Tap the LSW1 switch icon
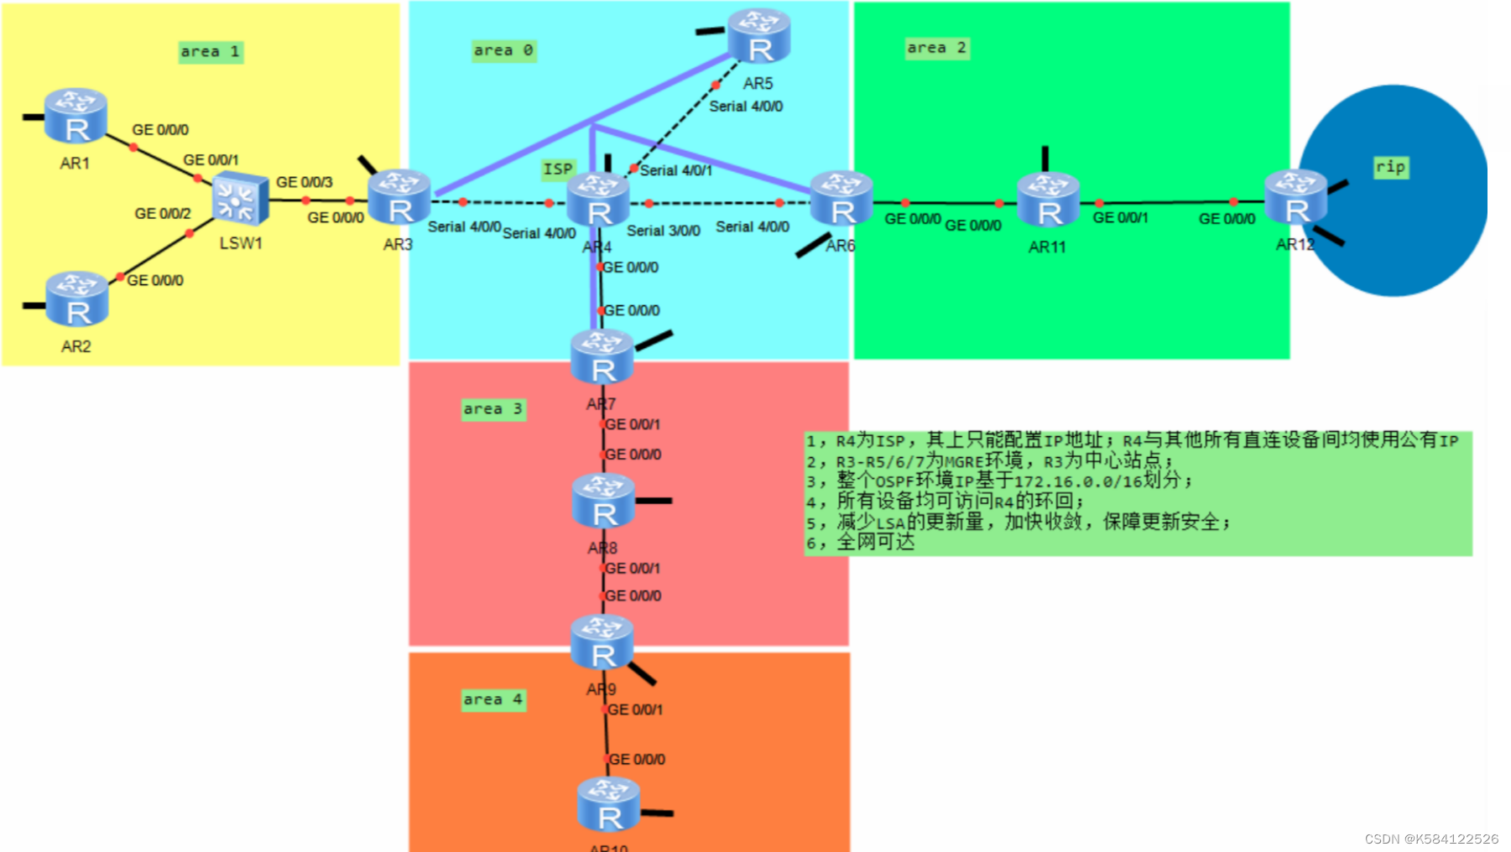pyautogui.click(x=240, y=200)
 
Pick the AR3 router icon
pyautogui.click(x=399, y=197)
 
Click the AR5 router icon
pyautogui.click(x=758, y=37)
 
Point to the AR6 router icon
pyautogui.click(x=841, y=199)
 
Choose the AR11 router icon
pyautogui.click(x=1048, y=200)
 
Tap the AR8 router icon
pyautogui.click(x=603, y=501)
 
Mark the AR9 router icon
pyautogui.click(x=602, y=642)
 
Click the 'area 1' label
pyautogui.click(x=211, y=52)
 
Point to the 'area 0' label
pyautogui.click(x=503, y=50)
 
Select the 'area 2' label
pyautogui.click(x=936, y=48)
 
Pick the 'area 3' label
pyautogui.click(x=493, y=409)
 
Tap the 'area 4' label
pyautogui.click(x=493, y=699)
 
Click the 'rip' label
pyautogui.click(x=1390, y=167)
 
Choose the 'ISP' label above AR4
pyautogui.click(x=558, y=169)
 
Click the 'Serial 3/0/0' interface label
pyautogui.click(x=664, y=231)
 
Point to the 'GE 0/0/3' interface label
pyautogui.click(x=305, y=182)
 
